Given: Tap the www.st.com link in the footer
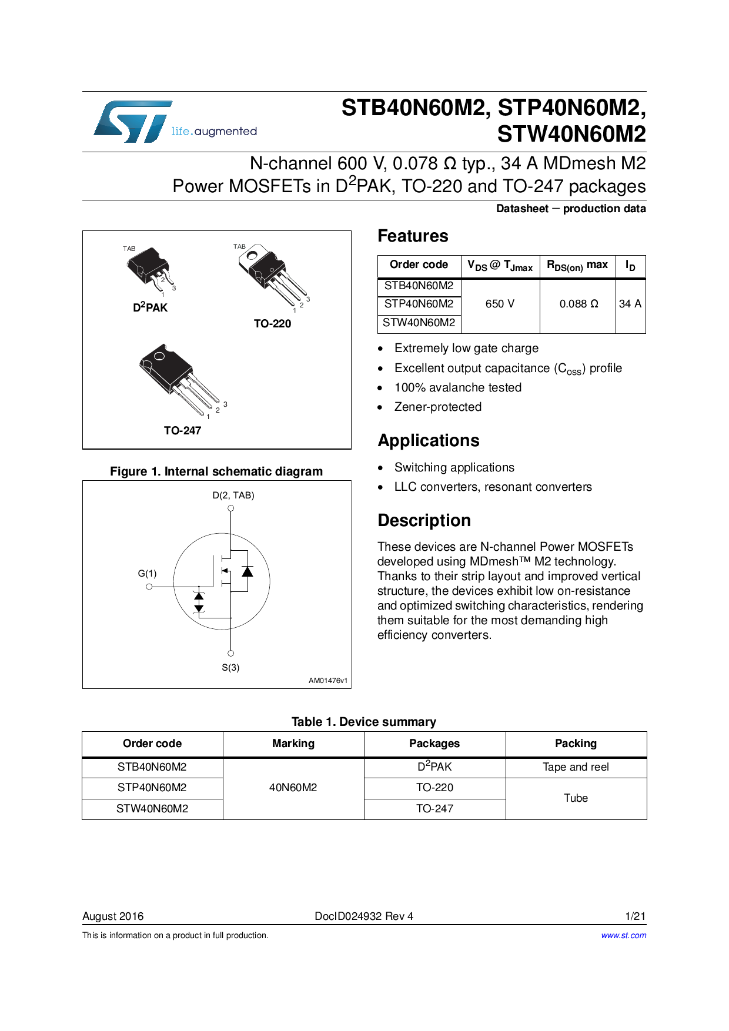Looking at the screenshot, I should point(623,935).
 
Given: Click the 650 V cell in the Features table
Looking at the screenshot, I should point(500,304).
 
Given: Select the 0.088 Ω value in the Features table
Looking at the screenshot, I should point(578,304).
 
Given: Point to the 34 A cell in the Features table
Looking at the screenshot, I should point(630,304).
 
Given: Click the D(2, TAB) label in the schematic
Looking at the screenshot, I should point(233,496).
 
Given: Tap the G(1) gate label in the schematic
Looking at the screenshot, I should point(147,573).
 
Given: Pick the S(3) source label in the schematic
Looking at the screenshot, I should point(230,668).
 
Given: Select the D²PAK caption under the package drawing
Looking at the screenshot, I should point(150,307).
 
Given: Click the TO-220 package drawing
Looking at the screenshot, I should point(271,273).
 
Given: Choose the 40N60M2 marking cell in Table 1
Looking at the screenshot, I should point(293,788).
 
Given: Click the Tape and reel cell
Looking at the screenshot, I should point(576,767).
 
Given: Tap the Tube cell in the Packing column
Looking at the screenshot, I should point(576,798).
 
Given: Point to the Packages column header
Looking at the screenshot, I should point(434,744).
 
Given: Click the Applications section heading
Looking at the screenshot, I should point(429,441).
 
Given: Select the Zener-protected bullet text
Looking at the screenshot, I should point(438,407).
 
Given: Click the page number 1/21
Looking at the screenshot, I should point(636,916).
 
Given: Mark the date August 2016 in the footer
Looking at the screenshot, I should point(113,916).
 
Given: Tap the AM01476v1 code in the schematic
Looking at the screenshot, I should point(328,681).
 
